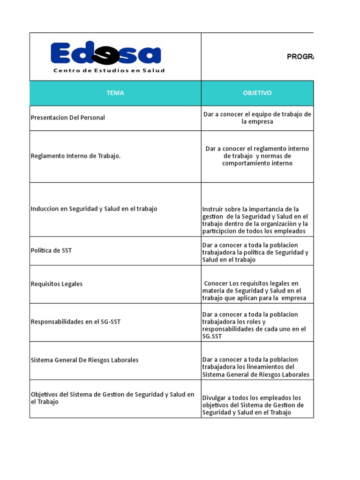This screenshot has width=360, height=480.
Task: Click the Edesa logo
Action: pos(105,54)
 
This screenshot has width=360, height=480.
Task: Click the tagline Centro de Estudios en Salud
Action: pos(109,71)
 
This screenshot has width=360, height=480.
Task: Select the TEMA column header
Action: pos(115,93)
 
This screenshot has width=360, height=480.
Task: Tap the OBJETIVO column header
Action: pos(257,93)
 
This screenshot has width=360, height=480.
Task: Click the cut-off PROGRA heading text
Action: pos(300,57)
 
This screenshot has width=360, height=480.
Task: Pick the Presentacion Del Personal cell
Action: pos(67,118)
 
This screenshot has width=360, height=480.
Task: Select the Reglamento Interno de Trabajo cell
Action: pos(75,156)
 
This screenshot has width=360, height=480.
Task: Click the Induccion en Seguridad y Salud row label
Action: pos(94,209)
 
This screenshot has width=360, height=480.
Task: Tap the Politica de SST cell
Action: pos(51,250)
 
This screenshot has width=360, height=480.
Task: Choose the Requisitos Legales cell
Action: pos(56,284)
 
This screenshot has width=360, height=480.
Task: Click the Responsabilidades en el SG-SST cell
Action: pos(75,322)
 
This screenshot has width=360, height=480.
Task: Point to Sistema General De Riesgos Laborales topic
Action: pos(84,360)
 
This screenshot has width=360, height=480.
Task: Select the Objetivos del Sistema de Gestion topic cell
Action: pos(112,398)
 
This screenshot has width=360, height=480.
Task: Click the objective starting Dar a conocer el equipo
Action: pos(257,118)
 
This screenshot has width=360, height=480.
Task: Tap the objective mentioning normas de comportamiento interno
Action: pos(257,156)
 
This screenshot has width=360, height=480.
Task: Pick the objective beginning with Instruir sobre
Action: pos(255,220)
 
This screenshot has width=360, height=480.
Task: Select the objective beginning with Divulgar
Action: pos(253,405)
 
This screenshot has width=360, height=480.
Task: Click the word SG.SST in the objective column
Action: pos(212,336)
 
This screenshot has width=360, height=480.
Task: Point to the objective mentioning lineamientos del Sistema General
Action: pos(256,367)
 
